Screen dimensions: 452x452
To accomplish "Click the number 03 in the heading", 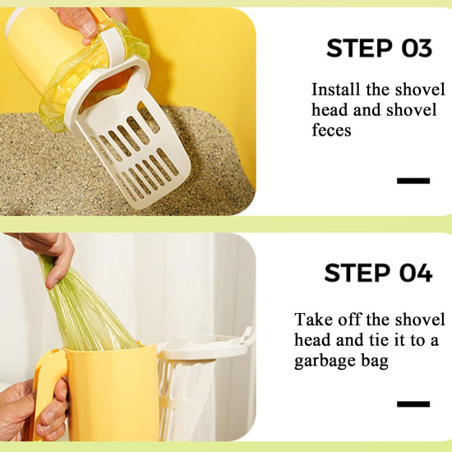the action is (x=417, y=48).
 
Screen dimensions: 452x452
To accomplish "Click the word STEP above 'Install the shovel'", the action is (x=359, y=48).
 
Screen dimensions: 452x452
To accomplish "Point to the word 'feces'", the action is (x=331, y=130).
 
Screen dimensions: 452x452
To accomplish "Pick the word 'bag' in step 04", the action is (x=375, y=361).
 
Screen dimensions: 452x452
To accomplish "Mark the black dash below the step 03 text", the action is (x=413, y=181).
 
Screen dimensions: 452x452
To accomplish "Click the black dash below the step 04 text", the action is (x=413, y=404).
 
